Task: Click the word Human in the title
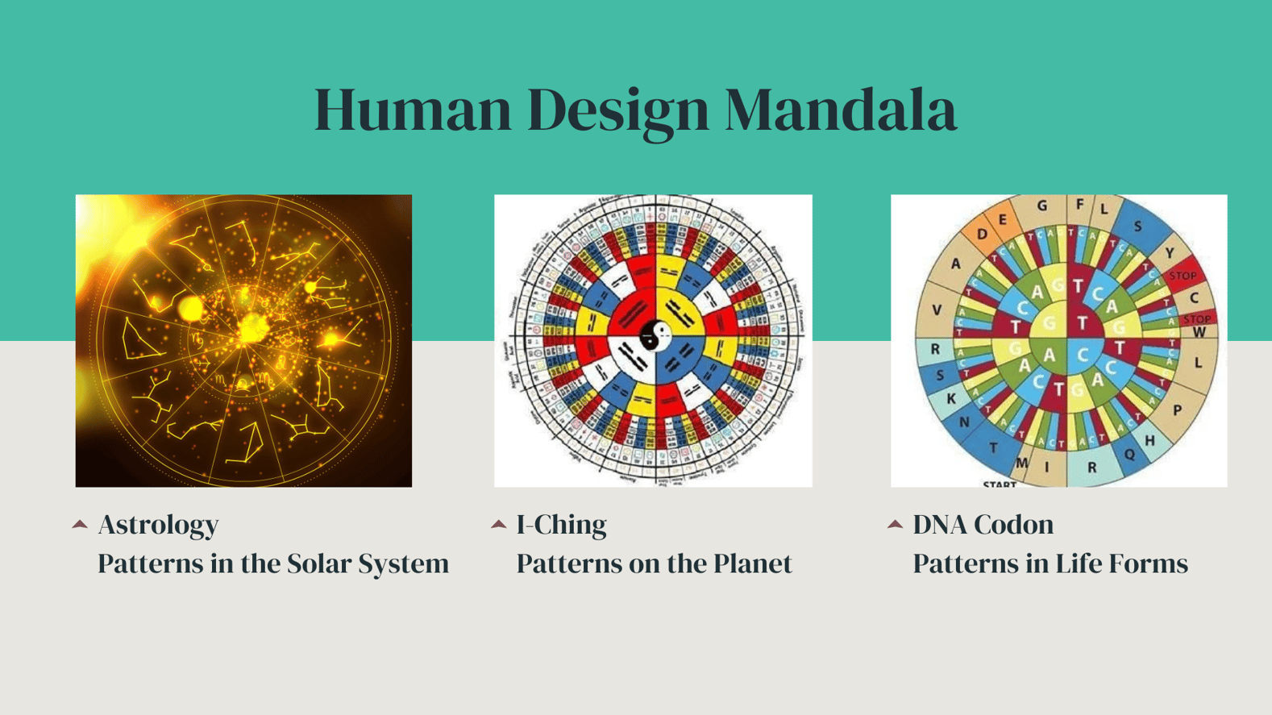point(412,110)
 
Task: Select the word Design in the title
point(617,111)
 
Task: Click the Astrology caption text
point(158,525)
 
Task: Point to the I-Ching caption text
point(561,525)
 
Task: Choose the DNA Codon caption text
point(983,525)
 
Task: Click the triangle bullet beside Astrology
point(80,525)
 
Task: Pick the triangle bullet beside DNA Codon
point(895,525)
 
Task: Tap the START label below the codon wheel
point(999,484)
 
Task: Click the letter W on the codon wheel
point(1199,332)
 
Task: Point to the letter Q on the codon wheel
point(1129,455)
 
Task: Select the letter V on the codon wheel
point(936,310)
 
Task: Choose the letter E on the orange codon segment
point(1003,220)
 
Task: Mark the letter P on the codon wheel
point(1178,410)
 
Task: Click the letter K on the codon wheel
point(951,398)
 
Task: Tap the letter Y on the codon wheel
point(1169,253)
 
